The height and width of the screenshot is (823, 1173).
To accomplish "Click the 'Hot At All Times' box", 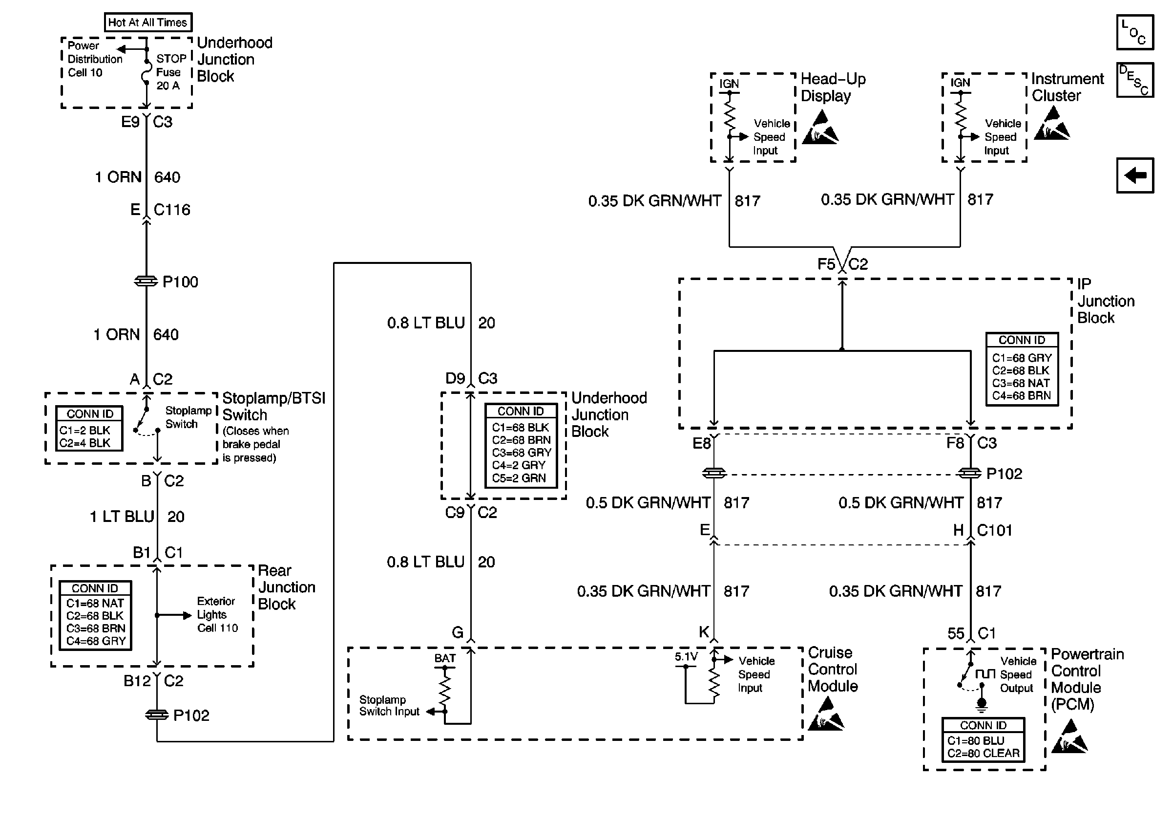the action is click(148, 22).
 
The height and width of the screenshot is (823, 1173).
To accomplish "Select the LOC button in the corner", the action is click(1135, 32).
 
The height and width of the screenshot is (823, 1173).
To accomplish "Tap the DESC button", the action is click(1135, 80).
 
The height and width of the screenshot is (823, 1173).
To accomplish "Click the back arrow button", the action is click(1135, 175).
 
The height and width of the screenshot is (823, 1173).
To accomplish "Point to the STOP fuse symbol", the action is click(146, 72).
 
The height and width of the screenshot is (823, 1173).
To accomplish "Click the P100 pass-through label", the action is click(180, 282).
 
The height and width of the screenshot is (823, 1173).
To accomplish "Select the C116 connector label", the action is click(172, 210).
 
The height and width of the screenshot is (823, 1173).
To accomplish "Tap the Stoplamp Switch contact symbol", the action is click(146, 422).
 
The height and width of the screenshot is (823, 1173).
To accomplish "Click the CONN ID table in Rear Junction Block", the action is click(96, 615).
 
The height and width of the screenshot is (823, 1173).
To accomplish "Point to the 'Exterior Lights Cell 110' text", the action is click(218, 614).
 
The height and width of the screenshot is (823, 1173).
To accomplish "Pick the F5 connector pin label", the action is click(826, 264).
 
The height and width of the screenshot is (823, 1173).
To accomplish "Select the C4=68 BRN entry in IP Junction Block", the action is click(1021, 396).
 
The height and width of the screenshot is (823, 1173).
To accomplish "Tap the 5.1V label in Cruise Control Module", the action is click(686, 657).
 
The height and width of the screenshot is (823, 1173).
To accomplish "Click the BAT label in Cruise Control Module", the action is click(445, 658).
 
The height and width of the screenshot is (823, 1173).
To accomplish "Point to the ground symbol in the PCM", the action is click(982, 704).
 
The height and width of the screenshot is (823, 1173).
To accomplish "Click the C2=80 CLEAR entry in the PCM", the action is click(984, 753).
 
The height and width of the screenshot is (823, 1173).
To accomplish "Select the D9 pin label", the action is click(455, 378).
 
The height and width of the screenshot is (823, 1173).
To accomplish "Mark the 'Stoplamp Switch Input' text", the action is click(389, 705).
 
